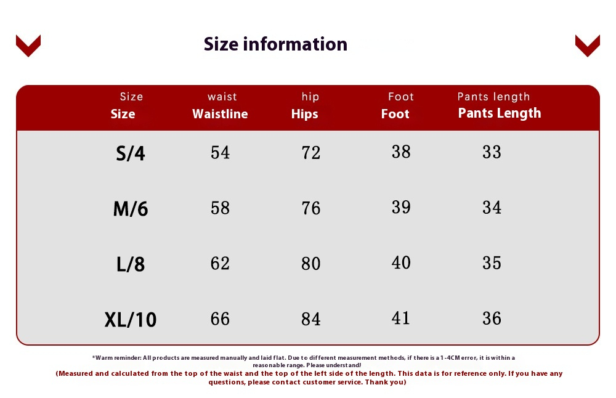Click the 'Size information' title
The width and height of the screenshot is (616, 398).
[x=275, y=44]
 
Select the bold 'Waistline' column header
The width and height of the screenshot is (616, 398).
[x=220, y=114]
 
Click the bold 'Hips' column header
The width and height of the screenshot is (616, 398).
[x=304, y=114]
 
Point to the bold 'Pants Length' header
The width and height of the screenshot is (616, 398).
[x=500, y=113]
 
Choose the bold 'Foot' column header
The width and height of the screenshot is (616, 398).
[x=395, y=114]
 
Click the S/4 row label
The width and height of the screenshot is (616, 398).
[x=131, y=153]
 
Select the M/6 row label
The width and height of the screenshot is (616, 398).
[x=131, y=209]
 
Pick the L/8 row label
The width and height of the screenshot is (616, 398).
[x=131, y=264]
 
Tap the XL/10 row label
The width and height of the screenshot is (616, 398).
[x=131, y=319]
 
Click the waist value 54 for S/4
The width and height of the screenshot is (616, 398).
[x=220, y=152]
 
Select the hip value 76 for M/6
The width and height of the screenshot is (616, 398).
[x=310, y=208]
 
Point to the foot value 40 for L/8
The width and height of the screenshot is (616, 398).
[x=401, y=262]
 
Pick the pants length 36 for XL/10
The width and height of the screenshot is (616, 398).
[x=492, y=319]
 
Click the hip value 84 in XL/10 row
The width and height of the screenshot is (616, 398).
[x=310, y=319]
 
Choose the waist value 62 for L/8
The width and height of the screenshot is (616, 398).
[x=220, y=263]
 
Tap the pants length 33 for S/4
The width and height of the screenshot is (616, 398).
[x=492, y=152]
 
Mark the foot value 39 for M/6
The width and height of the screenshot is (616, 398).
[x=401, y=207]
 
